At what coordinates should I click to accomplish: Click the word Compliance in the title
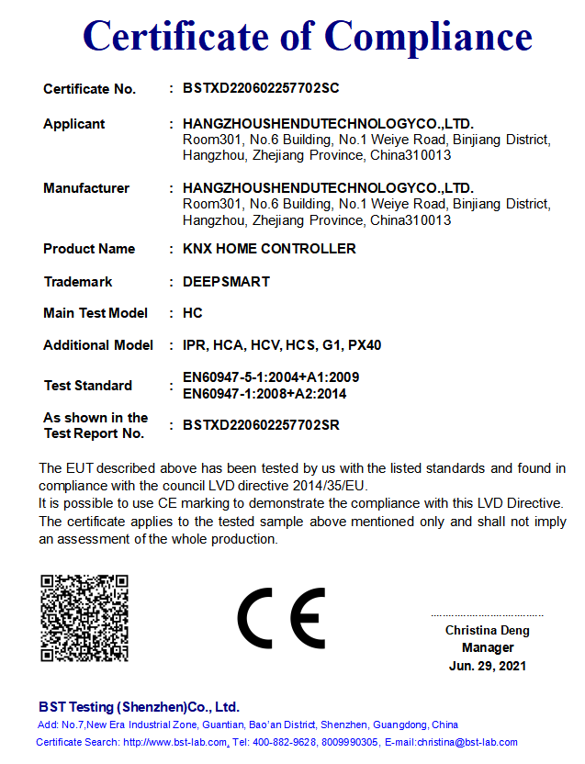click(428, 36)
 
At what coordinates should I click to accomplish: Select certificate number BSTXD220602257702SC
click(262, 89)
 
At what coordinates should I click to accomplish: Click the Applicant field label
click(74, 124)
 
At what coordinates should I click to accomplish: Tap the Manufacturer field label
click(86, 188)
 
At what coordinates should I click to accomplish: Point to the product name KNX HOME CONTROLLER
click(269, 249)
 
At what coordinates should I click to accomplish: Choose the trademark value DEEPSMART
click(226, 282)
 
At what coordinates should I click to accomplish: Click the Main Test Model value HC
click(193, 313)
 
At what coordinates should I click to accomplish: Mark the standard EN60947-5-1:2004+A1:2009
click(271, 377)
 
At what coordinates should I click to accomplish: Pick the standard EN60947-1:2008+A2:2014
click(264, 394)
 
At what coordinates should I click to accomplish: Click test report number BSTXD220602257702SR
click(262, 425)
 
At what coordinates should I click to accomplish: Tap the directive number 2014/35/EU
click(327, 486)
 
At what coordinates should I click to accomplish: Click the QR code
click(84, 618)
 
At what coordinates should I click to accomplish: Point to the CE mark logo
click(281, 618)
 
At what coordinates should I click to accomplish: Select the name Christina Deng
click(488, 631)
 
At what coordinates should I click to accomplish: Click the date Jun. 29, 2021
click(488, 666)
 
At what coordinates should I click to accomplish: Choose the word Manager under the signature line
click(488, 648)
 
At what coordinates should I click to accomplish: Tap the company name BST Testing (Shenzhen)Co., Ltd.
click(139, 707)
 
